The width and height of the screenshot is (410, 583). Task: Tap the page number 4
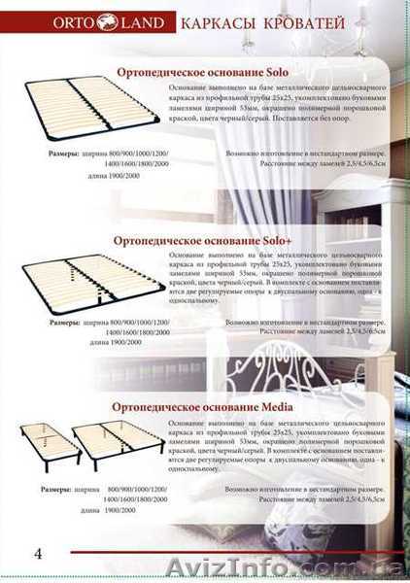pyautogui.click(x=37, y=556)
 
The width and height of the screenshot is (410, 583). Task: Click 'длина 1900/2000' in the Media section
pyautogui.click(x=107, y=510)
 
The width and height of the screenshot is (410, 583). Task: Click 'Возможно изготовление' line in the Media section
pyautogui.click(x=309, y=485)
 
